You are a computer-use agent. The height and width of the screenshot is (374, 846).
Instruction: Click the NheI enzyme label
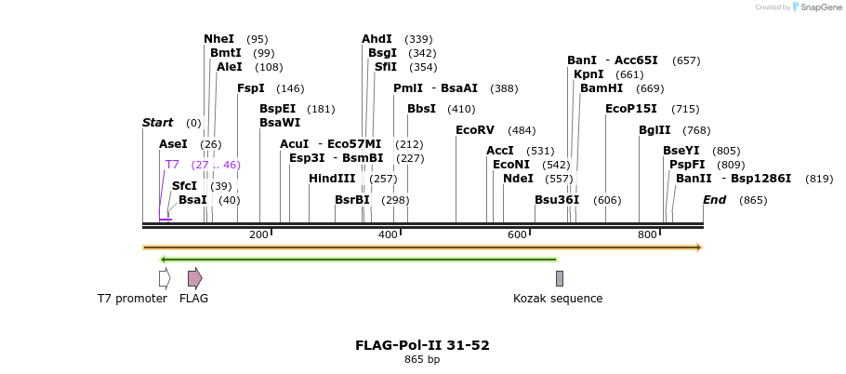218,39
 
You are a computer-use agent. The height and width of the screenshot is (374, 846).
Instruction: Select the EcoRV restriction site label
475,130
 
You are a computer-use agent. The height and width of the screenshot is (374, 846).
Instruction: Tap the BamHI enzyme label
601,88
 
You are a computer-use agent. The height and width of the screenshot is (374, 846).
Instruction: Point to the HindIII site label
332,179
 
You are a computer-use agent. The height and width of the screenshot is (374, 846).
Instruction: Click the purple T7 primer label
172,165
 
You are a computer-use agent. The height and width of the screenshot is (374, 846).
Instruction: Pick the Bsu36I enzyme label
557,200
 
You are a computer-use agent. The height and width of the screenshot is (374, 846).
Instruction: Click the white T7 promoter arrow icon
165,278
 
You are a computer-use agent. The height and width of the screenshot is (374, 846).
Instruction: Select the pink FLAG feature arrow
194,278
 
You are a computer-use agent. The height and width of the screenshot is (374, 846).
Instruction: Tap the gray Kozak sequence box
560,278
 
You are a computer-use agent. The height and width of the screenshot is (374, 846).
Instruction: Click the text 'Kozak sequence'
558,299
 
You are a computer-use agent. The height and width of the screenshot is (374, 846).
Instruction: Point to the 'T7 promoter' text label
132,299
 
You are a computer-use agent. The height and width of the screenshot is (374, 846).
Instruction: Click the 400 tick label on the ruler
388,234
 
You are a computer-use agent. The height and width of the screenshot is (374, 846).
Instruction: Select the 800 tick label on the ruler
647,234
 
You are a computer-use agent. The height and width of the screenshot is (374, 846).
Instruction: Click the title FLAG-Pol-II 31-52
422,345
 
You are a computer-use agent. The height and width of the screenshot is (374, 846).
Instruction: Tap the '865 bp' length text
422,360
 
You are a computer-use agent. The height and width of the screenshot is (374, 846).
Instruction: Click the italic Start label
157,123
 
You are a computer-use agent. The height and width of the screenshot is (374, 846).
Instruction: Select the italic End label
714,200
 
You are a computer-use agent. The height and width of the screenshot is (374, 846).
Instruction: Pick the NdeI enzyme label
518,179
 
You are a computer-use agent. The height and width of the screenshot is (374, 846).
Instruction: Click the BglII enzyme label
654,130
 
